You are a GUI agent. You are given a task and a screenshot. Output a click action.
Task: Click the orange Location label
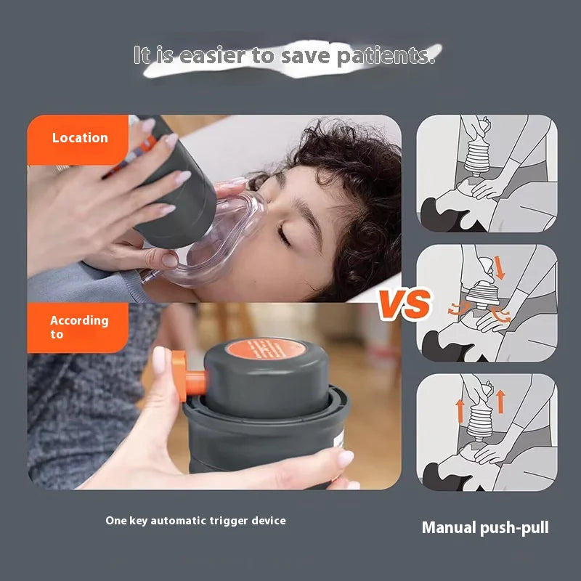[79, 138]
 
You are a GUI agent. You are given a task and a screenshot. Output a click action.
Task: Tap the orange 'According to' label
[78, 327]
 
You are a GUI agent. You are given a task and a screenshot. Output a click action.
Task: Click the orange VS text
[405, 303]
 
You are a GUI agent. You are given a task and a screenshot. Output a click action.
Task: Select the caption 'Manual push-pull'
[485, 528]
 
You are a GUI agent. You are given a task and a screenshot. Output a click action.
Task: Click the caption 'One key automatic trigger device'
[195, 521]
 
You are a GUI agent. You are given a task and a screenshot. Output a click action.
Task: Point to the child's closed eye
[284, 237]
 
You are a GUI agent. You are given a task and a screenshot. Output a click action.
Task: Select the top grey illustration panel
[487, 174]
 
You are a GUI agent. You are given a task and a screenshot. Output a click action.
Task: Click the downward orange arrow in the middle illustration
[500, 268]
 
